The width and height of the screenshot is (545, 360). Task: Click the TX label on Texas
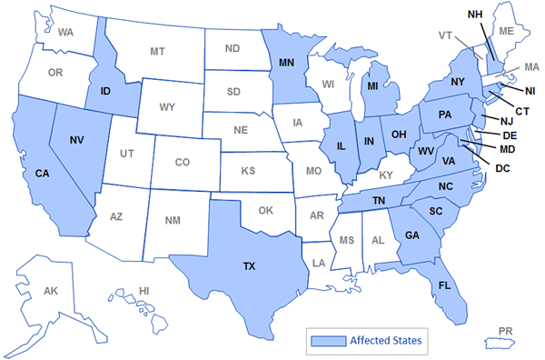[x=248, y=268]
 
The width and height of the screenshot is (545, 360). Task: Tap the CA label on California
[x=42, y=174]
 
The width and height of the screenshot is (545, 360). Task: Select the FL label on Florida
[x=444, y=285]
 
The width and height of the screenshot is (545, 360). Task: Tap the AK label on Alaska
[x=51, y=291]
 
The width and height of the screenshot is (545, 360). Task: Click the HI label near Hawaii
[x=144, y=290]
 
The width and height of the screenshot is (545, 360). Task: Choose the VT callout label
[x=447, y=35]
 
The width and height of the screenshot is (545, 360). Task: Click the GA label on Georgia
[x=411, y=235]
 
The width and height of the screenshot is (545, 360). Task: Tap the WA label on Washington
[x=65, y=32]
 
